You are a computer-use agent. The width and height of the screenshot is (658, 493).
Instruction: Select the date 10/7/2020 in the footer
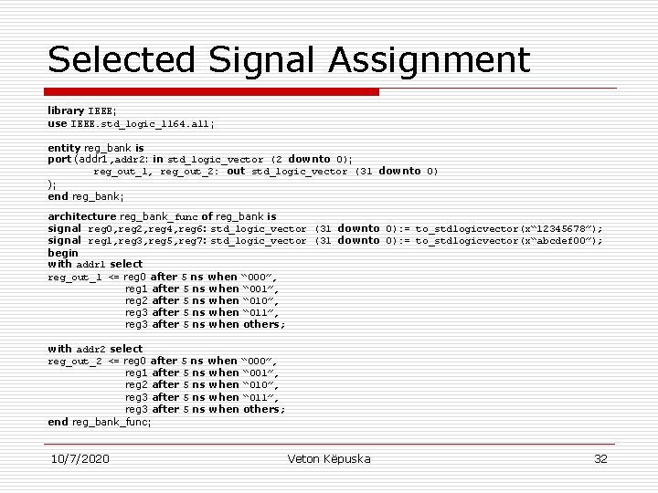click(x=80, y=458)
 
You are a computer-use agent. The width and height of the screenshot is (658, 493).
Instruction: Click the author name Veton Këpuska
click(x=329, y=458)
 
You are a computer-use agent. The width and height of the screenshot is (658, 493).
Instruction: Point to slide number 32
click(x=600, y=458)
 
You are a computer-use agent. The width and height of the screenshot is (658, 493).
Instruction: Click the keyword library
click(x=66, y=110)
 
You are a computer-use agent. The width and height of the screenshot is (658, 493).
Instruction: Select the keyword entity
click(x=64, y=147)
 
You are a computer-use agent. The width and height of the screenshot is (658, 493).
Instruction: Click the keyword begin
click(x=63, y=252)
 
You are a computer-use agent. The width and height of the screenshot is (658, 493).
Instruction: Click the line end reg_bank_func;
click(x=100, y=422)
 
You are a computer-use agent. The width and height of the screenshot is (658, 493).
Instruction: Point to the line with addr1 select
click(x=95, y=264)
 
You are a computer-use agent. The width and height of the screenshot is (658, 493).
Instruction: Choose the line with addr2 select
click(x=95, y=349)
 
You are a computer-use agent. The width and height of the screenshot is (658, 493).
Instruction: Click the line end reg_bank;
click(x=86, y=195)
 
